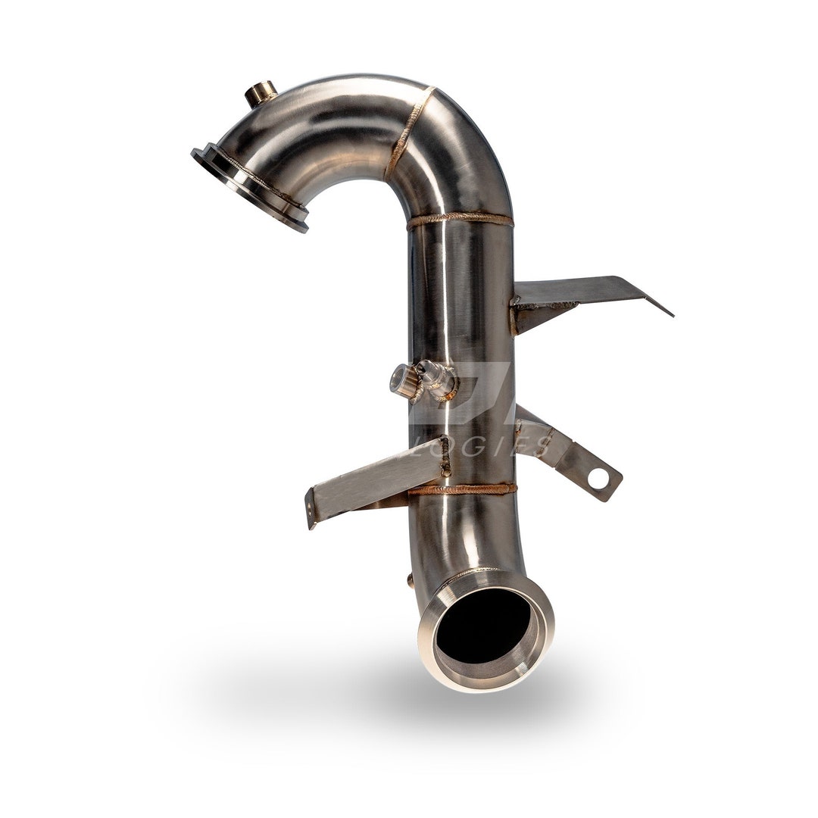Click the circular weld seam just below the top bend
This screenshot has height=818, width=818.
[x=459, y=220]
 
